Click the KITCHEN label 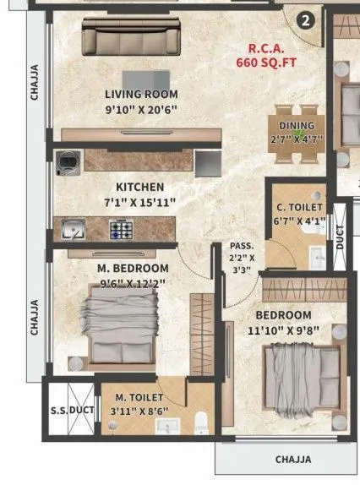point(140,187)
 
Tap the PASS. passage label point(242,246)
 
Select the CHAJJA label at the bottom point(293,460)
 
